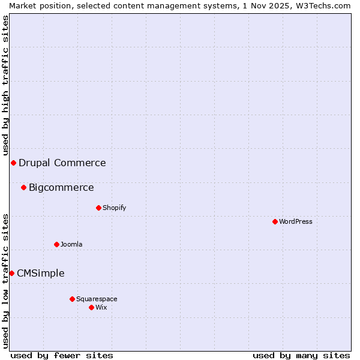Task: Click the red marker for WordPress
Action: click(x=275, y=221)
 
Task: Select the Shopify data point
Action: click(x=98, y=208)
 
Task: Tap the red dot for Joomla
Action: click(x=56, y=244)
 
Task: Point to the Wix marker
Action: click(x=91, y=307)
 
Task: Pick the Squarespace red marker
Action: click(x=72, y=299)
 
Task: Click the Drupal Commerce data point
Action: click(x=13, y=163)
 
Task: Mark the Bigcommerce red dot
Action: click(x=23, y=187)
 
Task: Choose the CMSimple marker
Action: click(x=11, y=273)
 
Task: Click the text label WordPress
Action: click(x=296, y=221)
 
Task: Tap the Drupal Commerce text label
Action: click(x=62, y=163)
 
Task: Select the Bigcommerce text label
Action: click(x=61, y=187)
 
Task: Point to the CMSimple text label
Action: click(x=41, y=273)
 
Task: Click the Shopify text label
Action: click(x=115, y=208)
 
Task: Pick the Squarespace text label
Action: click(x=97, y=299)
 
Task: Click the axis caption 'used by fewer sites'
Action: click(x=62, y=355)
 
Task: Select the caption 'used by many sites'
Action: click(x=301, y=355)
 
